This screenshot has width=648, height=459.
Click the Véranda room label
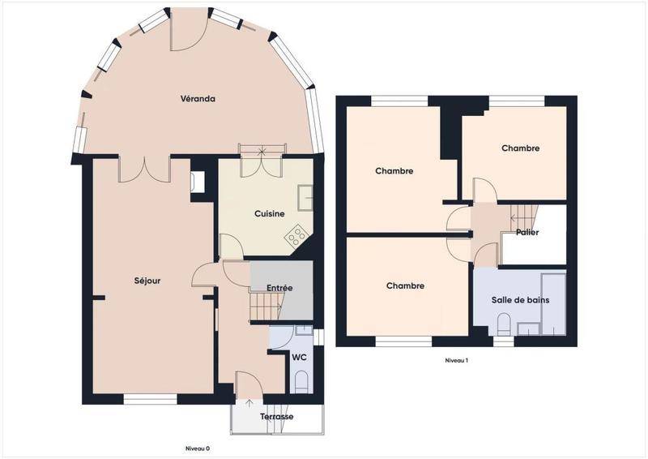[x=198, y=99]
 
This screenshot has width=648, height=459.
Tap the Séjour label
[x=147, y=281]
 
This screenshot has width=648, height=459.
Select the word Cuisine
[x=270, y=214]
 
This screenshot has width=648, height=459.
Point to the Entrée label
[x=279, y=288]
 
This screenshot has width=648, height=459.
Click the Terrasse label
[x=277, y=417]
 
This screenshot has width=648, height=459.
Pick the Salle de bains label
[x=520, y=300]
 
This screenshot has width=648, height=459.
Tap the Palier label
[x=527, y=233]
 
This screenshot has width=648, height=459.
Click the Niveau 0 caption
[x=198, y=448]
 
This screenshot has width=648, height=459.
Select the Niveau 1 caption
[x=456, y=361]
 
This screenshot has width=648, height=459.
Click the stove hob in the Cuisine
[x=296, y=237]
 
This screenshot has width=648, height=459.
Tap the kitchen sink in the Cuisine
[x=305, y=198]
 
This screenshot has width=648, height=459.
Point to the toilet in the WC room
[x=301, y=381]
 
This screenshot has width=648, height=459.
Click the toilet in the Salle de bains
[x=504, y=324]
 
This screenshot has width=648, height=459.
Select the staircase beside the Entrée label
[x=266, y=306]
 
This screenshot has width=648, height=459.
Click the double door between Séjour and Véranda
[x=145, y=169]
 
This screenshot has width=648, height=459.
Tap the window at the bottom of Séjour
[x=151, y=399]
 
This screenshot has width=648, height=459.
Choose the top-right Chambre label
[x=520, y=148]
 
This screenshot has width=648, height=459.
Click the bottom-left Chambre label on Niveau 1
[x=405, y=286]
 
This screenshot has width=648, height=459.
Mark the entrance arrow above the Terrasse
[x=249, y=404]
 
